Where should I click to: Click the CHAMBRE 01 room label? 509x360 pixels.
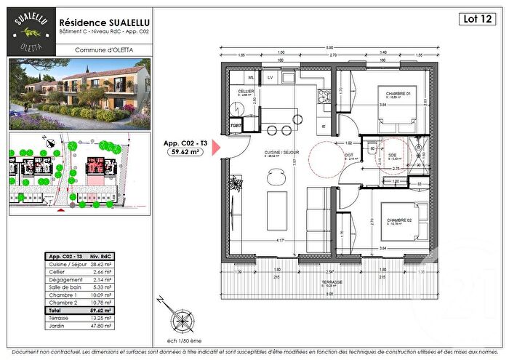(x=398, y=93)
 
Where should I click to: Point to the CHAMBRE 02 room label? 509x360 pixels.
(x=399, y=220)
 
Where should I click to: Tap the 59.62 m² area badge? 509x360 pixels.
(x=185, y=153)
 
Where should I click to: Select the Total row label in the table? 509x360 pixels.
(x=56, y=311)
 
